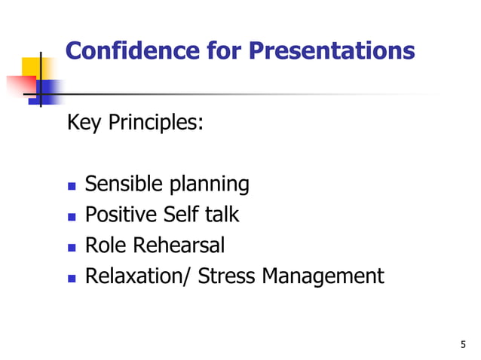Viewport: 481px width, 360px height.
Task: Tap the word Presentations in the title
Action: pyautogui.click(x=332, y=50)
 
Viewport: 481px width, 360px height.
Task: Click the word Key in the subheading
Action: pyautogui.click(x=85, y=122)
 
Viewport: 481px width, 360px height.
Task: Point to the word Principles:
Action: pyautogui.click(x=156, y=122)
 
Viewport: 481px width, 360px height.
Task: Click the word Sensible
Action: pyautogui.click(x=124, y=184)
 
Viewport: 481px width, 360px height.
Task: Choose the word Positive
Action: pyautogui.click(x=121, y=215)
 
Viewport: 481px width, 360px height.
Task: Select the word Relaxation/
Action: pyautogui.click(x=139, y=276)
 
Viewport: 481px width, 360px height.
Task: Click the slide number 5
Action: pyautogui.click(x=462, y=345)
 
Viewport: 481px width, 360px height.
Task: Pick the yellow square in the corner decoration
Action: pyautogui.click(x=31, y=69)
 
